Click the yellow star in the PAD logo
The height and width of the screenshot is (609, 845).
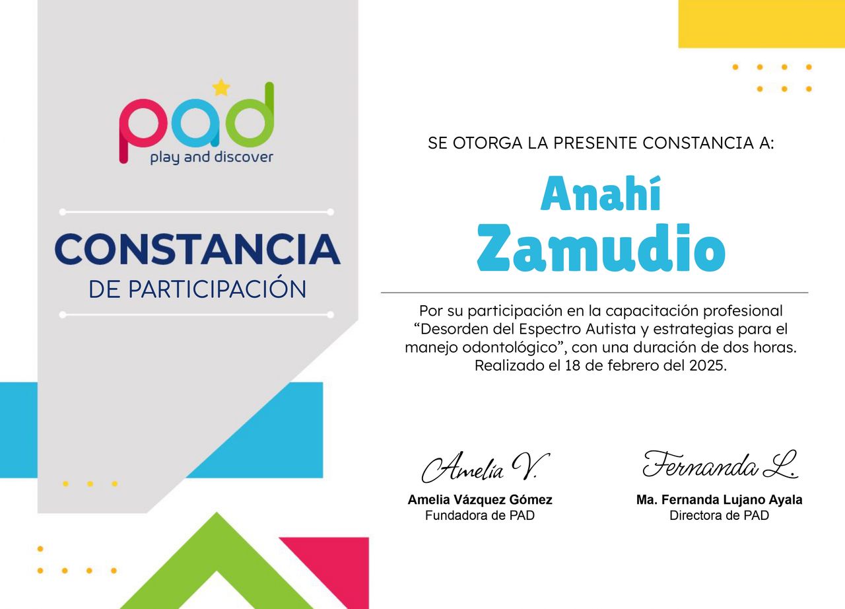pyautogui.click(x=221, y=87)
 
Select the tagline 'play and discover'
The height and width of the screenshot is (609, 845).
pyautogui.click(x=212, y=158)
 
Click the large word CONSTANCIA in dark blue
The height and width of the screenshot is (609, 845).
pyautogui.click(x=197, y=249)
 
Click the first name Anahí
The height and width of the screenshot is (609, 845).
pyautogui.click(x=601, y=194)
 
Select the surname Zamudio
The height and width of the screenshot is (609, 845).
pyautogui.click(x=601, y=248)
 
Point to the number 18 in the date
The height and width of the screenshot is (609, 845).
pyautogui.click(x=573, y=365)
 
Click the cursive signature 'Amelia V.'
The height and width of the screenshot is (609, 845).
pyautogui.click(x=485, y=467)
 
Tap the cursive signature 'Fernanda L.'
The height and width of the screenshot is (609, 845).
pyautogui.click(x=720, y=464)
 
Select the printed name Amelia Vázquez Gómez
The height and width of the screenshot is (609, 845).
pyautogui.click(x=480, y=499)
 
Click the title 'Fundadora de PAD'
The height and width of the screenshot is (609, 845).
pyautogui.click(x=480, y=515)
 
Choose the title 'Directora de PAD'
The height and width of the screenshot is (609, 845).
pyautogui.click(x=719, y=515)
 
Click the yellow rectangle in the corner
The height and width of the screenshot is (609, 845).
pyautogui.click(x=762, y=24)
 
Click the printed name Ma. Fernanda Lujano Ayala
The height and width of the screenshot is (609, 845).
pyautogui.click(x=719, y=499)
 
